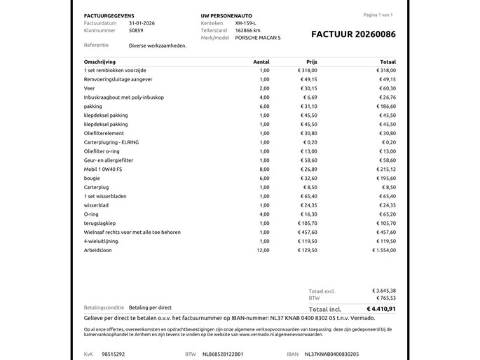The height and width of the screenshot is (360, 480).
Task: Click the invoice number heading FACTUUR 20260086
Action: (x=352, y=34)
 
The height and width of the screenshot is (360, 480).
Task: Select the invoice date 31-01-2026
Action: (x=143, y=23)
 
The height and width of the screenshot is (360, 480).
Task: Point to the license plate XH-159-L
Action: (x=246, y=23)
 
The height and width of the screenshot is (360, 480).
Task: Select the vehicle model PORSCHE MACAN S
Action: (x=259, y=38)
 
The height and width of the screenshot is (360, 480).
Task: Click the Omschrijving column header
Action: (x=100, y=62)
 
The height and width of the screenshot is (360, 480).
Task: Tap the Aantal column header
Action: (x=261, y=62)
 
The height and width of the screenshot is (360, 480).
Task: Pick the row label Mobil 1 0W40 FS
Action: (x=104, y=169)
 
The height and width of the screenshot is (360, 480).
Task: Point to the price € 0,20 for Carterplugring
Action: (x=308, y=142)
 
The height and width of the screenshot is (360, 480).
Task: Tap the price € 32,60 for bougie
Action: (x=307, y=178)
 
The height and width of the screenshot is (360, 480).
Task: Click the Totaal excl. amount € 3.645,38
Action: (x=383, y=291)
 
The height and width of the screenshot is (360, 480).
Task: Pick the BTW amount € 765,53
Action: (x=385, y=298)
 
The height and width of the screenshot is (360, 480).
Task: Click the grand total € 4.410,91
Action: (x=380, y=308)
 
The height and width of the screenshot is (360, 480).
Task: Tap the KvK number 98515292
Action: (x=114, y=354)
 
